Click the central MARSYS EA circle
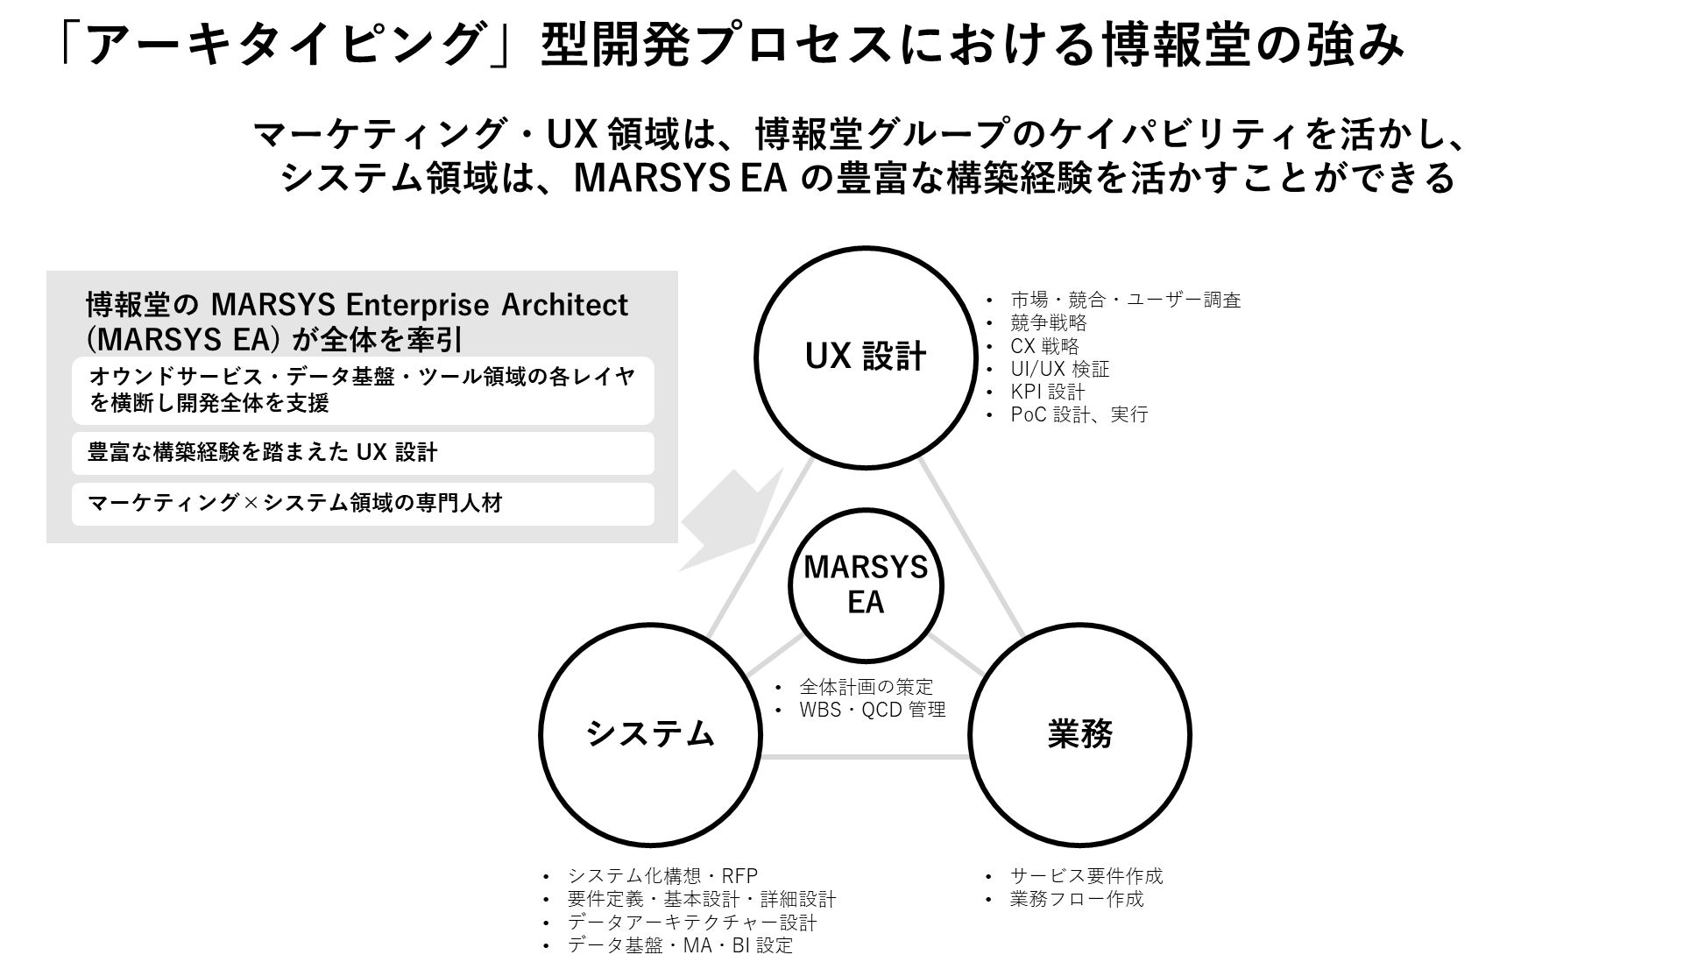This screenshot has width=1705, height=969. coord(866,585)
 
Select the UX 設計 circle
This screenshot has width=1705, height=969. coord(866,357)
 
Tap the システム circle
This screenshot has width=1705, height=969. coord(650,734)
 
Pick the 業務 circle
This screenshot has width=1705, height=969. coord(1079,734)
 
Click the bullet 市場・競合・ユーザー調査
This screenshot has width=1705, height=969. coord(1125,301)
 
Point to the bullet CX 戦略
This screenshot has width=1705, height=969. coord(1044,346)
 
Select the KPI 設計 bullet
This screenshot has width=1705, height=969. coord(1047,392)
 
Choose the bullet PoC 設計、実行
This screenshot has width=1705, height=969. coord(1079,414)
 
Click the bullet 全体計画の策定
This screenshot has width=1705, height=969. coord(866,687)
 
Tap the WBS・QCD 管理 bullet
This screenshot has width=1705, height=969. coord(872,710)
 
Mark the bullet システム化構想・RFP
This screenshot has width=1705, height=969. coord(662,875)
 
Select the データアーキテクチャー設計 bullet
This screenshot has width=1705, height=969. coord(692,923)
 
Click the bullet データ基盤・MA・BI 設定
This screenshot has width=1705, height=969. coord(680,945)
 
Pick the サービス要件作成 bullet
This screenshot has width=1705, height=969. coord(1086,875)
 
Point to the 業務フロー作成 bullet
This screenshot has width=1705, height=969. coord(1076,899)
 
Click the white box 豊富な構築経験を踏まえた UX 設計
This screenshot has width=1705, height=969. coord(363,453)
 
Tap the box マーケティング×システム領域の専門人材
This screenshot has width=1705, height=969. coord(363,504)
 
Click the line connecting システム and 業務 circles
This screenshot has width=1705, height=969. coord(865,755)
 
